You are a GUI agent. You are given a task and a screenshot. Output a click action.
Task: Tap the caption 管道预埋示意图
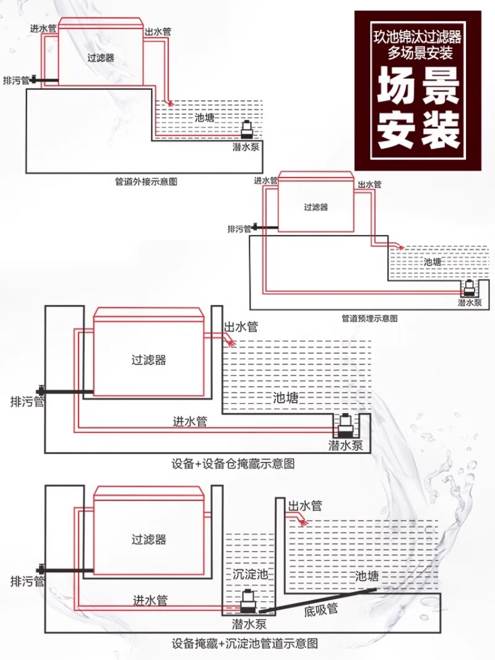point(369,318)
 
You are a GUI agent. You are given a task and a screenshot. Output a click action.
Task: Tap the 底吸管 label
point(321,610)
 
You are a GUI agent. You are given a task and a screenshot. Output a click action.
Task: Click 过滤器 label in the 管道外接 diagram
point(100,58)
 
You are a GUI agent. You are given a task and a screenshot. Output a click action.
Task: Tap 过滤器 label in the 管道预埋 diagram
point(316,208)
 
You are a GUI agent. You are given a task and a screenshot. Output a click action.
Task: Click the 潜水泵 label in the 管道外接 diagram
point(246,147)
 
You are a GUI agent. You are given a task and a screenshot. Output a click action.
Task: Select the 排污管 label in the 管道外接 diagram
point(16,80)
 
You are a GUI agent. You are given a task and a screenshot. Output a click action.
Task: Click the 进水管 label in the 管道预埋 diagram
point(265,181)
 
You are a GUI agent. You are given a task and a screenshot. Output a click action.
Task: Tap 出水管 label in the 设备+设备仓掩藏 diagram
point(240,327)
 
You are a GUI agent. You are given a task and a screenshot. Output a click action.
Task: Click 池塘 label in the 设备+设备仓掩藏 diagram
point(285,397)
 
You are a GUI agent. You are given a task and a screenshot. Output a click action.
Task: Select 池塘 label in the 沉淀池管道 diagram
point(366,576)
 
